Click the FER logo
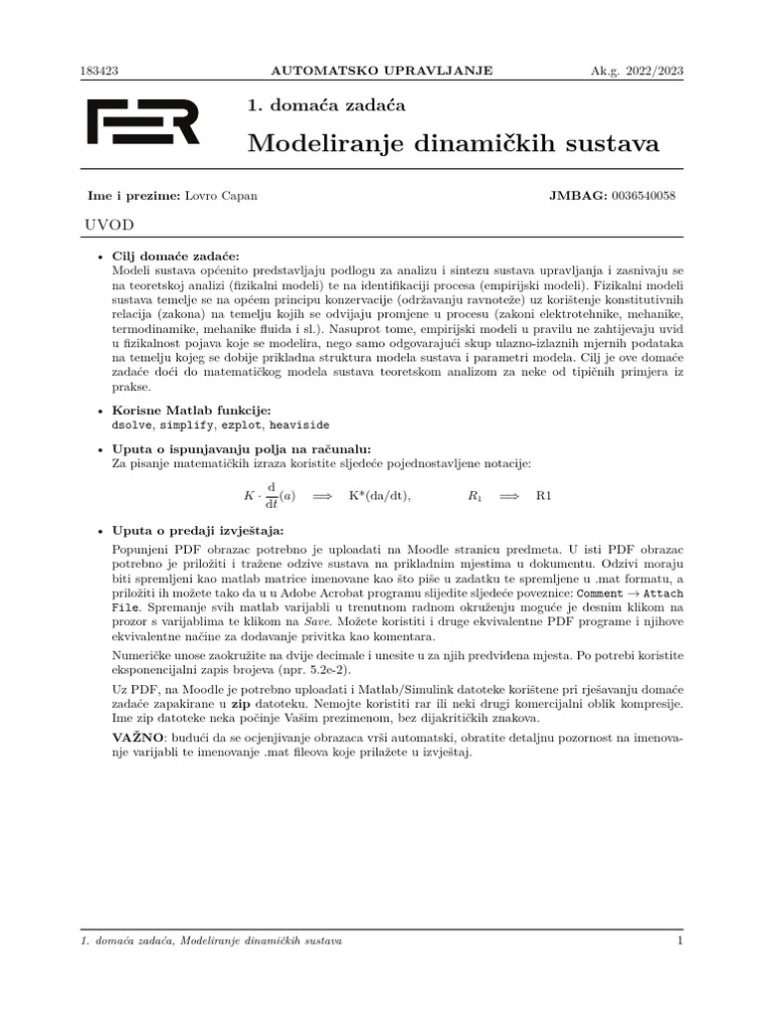(x=143, y=122)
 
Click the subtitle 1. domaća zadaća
(x=325, y=104)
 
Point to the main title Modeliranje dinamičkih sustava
(x=453, y=144)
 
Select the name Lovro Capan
(x=221, y=196)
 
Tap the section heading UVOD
(x=111, y=226)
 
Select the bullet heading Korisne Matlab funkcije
(x=191, y=410)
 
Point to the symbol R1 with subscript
(x=476, y=495)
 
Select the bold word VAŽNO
(x=133, y=739)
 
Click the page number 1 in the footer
(x=679, y=940)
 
